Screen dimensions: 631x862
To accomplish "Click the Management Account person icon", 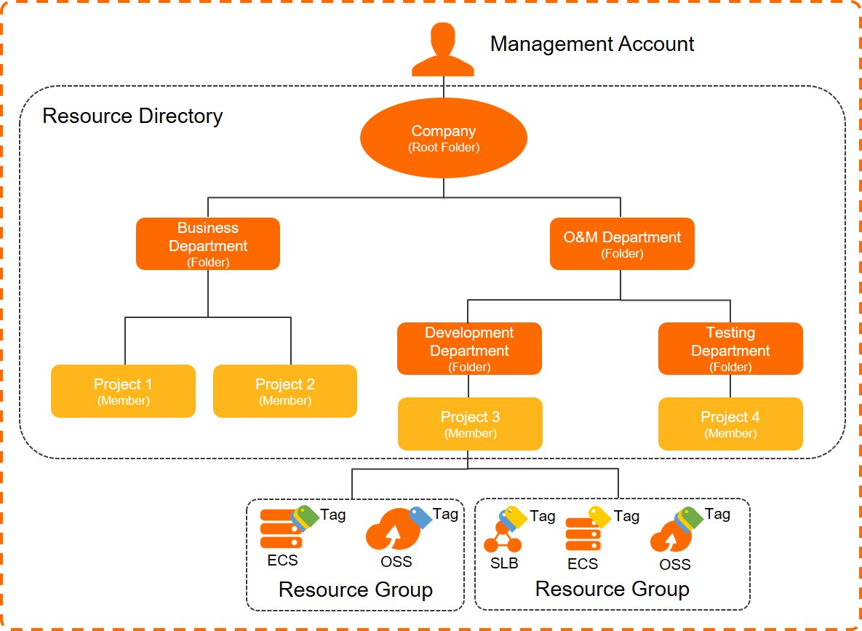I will tap(443, 49).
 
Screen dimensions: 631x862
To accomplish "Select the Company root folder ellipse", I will tap(444, 138).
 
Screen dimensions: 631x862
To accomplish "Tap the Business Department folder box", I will tap(208, 244).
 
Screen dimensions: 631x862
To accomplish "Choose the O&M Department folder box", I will tap(622, 244).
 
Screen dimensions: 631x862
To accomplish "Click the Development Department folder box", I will tap(469, 349).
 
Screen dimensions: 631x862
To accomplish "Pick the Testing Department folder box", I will tap(730, 349).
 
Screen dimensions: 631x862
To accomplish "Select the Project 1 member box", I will tap(123, 391).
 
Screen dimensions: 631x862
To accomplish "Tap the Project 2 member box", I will tap(284, 391).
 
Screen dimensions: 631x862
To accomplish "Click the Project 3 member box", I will tap(470, 424).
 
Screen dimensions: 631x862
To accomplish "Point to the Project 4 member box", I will tap(730, 424).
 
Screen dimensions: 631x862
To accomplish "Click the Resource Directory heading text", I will tap(132, 116).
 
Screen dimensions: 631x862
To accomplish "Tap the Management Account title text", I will tap(592, 44).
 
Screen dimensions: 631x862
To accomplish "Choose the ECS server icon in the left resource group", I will tap(281, 529).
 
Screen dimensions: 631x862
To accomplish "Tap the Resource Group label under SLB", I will tap(612, 589).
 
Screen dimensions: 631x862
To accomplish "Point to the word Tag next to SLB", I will tap(543, 517).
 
